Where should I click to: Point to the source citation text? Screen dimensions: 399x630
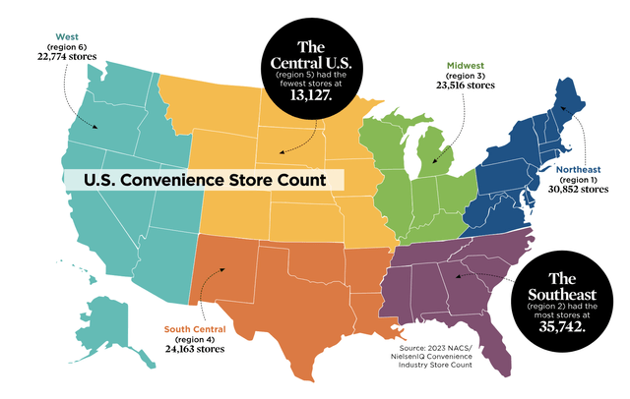[x=429, y=355]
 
